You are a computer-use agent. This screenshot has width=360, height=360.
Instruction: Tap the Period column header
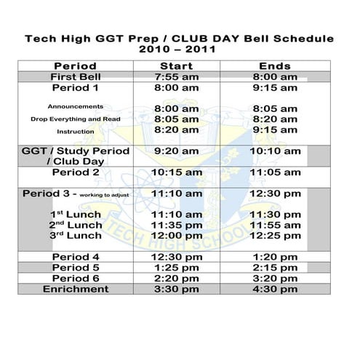(x=75, y=66)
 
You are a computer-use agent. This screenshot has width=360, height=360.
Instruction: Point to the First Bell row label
(x=76, y=77)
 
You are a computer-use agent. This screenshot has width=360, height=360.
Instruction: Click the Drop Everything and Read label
(x=75, y=119)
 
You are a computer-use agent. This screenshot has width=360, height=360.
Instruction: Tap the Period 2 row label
(x=76, y=172)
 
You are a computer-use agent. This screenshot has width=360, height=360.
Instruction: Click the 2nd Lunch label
(x=76, y=225)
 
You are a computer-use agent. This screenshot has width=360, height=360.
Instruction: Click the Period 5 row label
(x=76, y=268)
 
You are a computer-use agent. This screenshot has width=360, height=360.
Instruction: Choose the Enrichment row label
(x=76, y=289)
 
